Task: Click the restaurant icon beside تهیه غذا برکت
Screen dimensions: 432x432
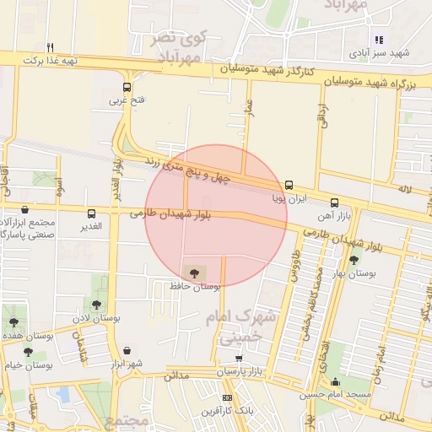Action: click(51, 47)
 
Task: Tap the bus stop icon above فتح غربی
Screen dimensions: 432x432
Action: click(127, 87)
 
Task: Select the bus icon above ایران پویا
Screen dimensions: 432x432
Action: click(289, 185)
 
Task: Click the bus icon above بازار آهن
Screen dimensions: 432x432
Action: click(335, 202)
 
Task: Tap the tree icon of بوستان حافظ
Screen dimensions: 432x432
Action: click(196, 272)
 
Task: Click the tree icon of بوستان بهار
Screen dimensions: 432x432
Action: click(353, 260)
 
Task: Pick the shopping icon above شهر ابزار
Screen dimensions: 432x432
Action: click(127, 350)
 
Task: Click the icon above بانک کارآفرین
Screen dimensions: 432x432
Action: click(226, 397)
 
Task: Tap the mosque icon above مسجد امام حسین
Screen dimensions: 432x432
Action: click(336, 381)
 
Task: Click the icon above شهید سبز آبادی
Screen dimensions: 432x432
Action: click(379, 39)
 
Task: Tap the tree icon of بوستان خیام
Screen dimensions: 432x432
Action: click(27, 352)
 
